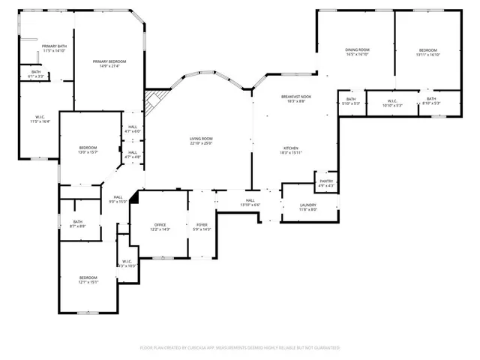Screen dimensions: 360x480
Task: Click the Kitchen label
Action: click(x=292, y=150)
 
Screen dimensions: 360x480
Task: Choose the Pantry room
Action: click(x=326, y=182)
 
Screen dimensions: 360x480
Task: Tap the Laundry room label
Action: click(x=307, y=207)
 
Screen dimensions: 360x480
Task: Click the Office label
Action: click(x=160, y=226)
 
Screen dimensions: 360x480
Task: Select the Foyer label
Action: click(x=202, y=226)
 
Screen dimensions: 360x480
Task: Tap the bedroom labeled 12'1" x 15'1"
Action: click(x=88, y=280)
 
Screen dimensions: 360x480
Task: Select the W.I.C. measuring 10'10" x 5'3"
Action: click(x=392, y=103)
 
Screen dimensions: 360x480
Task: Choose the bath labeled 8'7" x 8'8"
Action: click(x=78, y=223)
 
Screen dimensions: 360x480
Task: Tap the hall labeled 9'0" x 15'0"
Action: click(x=118, y=199)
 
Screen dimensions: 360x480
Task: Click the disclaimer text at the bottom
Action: click(x=240, y=348)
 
